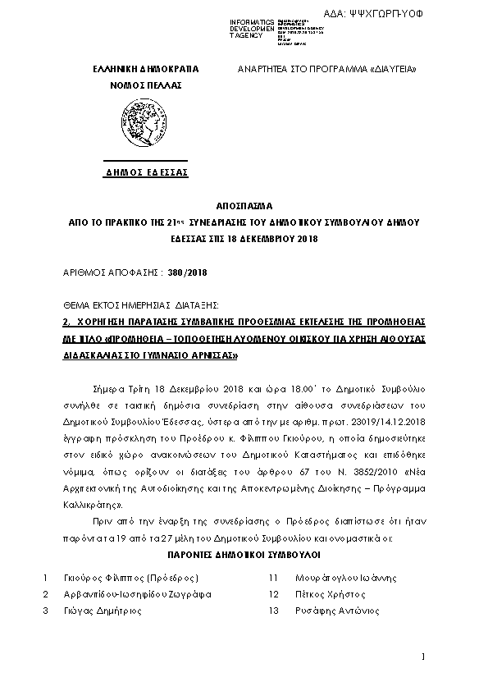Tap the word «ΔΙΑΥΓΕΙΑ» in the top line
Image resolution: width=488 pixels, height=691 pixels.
coord(392,70)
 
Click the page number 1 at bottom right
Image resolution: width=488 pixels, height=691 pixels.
coord(422,657)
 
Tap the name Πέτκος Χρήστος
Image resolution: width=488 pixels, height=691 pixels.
coord(319,594)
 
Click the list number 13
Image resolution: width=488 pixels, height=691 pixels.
coord(274,611)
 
